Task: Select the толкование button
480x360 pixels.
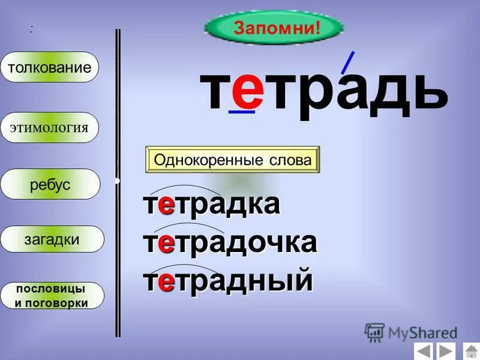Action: point(49,67)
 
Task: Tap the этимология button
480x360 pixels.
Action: point(49,127)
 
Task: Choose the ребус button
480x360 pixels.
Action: point(50,185)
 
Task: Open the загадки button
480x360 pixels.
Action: point(52,239)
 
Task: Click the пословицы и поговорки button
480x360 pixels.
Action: point(52,295)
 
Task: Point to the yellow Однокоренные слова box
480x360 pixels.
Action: point(233,160)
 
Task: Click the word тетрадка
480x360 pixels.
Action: point(212,205)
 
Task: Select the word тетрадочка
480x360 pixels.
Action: point(230,242)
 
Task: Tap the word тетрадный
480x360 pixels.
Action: point(228,280)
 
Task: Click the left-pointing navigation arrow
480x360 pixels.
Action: point(423,351)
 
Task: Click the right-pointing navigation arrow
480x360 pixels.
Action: point(445,351)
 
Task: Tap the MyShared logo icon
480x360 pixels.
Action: point(374,332)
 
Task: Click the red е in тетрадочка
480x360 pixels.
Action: point(167,243)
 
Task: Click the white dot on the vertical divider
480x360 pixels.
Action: point(118,180)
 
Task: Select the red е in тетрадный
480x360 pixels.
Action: point(167,281)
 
